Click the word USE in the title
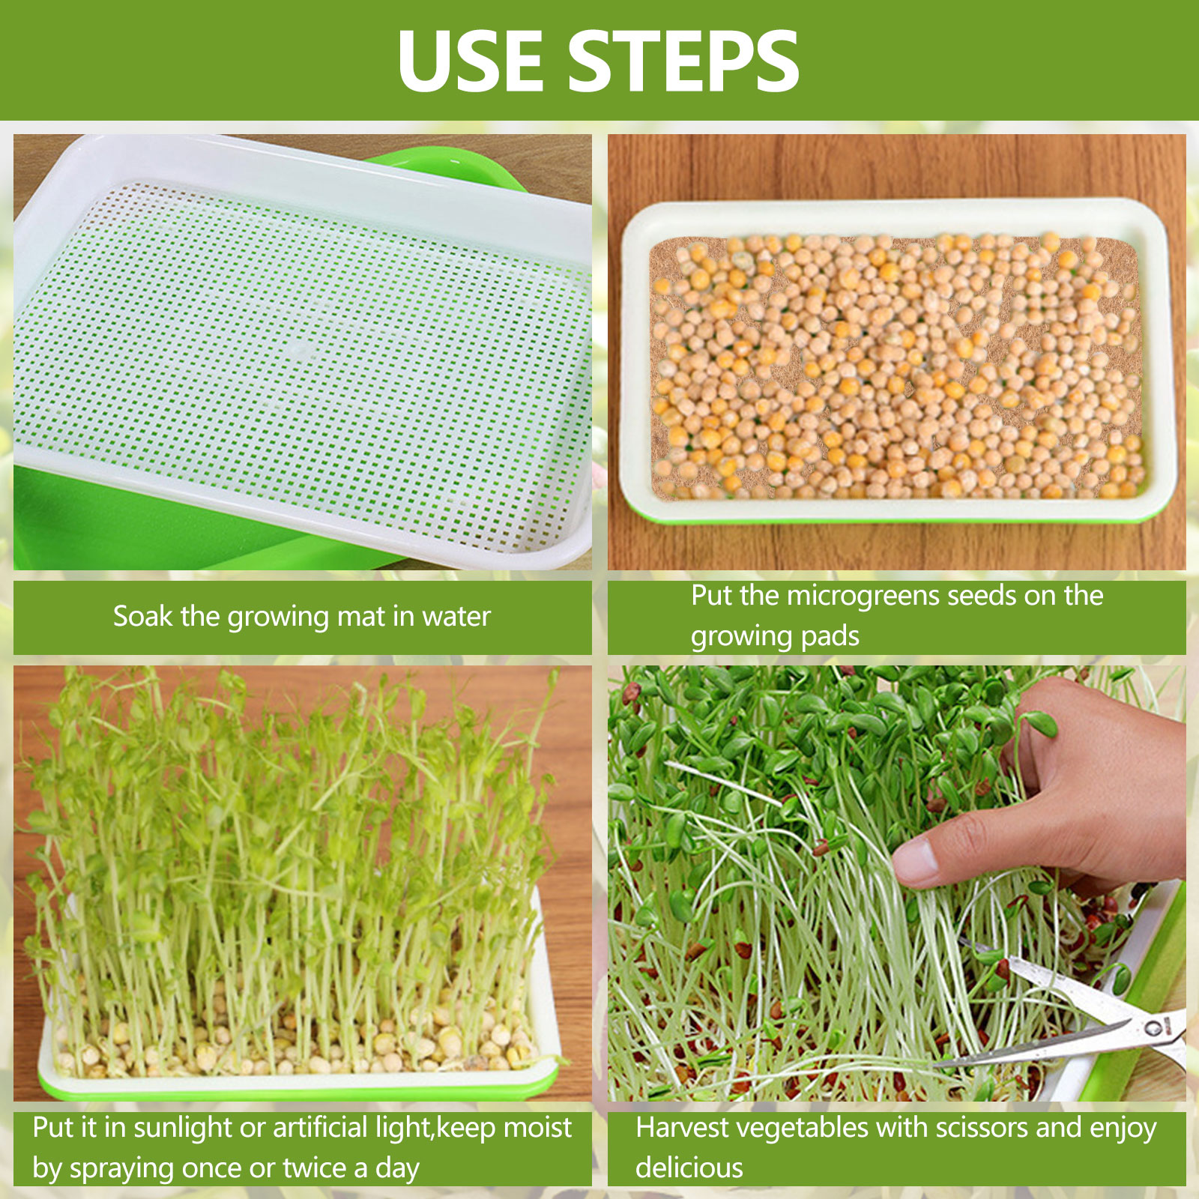pos(470,61)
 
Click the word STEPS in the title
pos(683,61)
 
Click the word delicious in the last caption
pos(689,1168)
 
